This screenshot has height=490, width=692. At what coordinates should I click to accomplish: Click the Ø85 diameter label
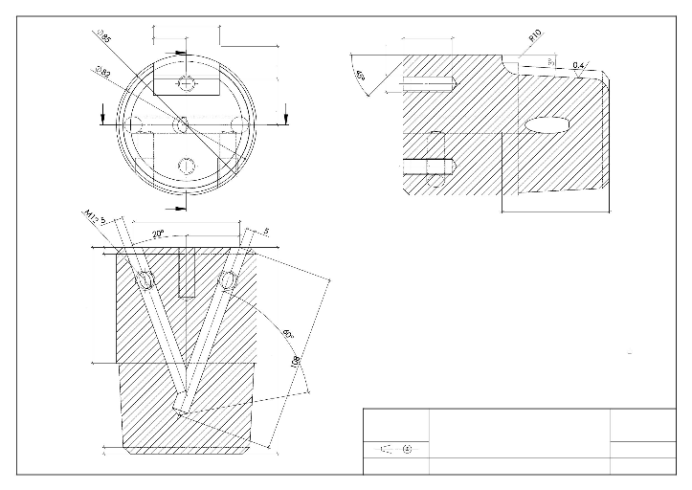[x=103, y=39]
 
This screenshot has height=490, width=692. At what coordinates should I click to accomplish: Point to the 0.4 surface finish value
[x=577, y=65]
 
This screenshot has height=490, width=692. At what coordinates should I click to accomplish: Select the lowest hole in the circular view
[x=187, y=167]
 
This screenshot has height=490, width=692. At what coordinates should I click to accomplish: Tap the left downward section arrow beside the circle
[x=104, y=116]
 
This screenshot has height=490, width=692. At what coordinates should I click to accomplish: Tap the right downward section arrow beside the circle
[x=285, y=116]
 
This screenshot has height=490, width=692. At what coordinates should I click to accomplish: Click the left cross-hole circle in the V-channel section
[x=145, y=280]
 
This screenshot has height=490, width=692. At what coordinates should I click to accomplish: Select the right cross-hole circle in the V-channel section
[x=227, y=280]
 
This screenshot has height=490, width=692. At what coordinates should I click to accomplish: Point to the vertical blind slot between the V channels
[x=188, y=273]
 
